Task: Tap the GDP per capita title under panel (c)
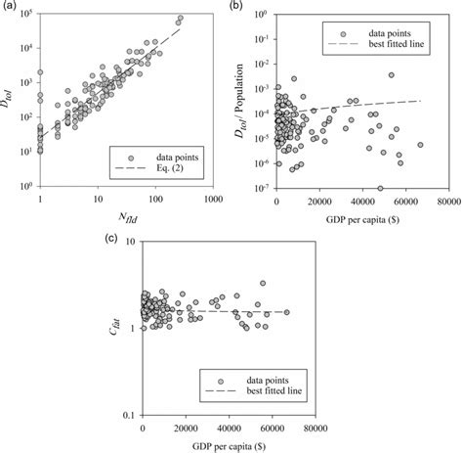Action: point(229,442)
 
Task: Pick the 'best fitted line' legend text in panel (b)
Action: point(392,45)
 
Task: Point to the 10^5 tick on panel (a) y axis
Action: point(23,14)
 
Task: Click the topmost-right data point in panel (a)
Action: point(180,18)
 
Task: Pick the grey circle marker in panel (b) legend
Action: point(332,31)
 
